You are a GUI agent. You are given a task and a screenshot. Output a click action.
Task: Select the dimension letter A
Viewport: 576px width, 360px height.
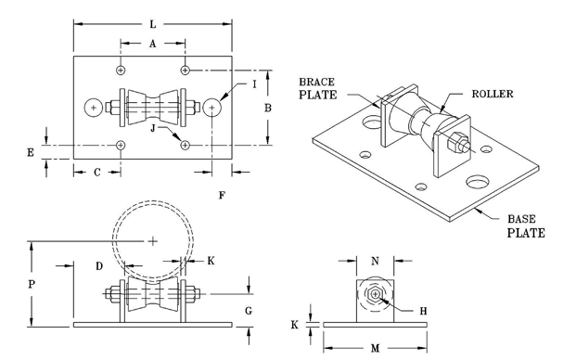tap(152, 43)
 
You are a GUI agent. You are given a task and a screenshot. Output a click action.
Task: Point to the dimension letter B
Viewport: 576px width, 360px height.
tap(267, 108)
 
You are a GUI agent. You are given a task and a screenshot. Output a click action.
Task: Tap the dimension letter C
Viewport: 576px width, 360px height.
tap(96, 173)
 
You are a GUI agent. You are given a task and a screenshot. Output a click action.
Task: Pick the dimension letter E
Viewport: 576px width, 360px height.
tap(31, 151)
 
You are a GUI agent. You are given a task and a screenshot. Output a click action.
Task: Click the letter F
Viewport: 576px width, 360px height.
tap(221, 195)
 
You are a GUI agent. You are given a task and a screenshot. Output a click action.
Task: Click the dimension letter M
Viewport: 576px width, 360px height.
tap(375, 348)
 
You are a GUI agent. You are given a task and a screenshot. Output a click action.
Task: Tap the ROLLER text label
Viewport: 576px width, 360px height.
tap(492, 94)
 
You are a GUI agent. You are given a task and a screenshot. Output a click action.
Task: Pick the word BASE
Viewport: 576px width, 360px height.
tap(520, 219)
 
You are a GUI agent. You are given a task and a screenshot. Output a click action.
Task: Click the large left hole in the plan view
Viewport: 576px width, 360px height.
tap(94, 108)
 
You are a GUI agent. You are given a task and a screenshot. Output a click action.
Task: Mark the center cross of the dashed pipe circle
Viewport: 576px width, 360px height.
tap(152, 240)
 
